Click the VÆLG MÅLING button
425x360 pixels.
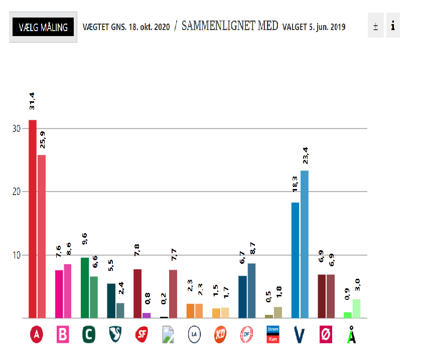[43, 27]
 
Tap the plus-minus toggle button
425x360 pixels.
[375, 26]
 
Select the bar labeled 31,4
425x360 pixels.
[33, 219]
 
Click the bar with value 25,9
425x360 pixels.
[42, 236]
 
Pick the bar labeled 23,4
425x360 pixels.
[304, 244]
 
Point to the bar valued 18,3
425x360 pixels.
[295, 260]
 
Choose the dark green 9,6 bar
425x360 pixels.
[85, 287]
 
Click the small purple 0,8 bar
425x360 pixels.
[147, 315]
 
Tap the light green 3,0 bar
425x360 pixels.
[356, 308]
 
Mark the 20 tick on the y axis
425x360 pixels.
[17, 192]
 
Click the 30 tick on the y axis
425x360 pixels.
[17, 129]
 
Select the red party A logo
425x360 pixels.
[36, 335]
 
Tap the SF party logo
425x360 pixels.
[141, 334]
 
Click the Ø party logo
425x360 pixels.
[325, 334]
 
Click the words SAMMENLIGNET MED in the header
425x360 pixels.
[230, 26]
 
